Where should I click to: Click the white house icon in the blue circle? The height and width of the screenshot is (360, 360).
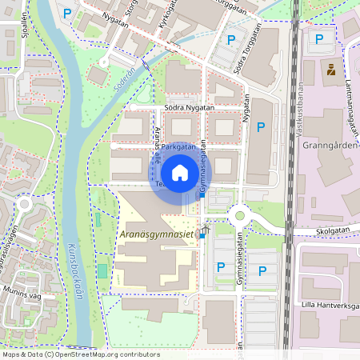click(x=180, y=172)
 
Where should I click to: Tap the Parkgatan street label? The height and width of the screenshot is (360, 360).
click(x=178, y=147)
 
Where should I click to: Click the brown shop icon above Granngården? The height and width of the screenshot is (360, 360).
click(x=329, y=70)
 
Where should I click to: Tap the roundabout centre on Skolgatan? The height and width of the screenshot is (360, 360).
click(x=238, y=215)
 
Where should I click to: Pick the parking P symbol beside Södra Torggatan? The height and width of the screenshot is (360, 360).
click(x=231, y=40)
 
